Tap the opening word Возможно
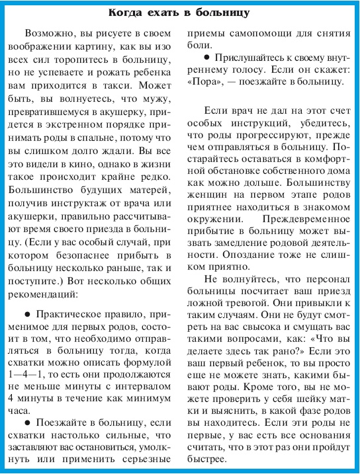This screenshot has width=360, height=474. click(48, 33)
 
